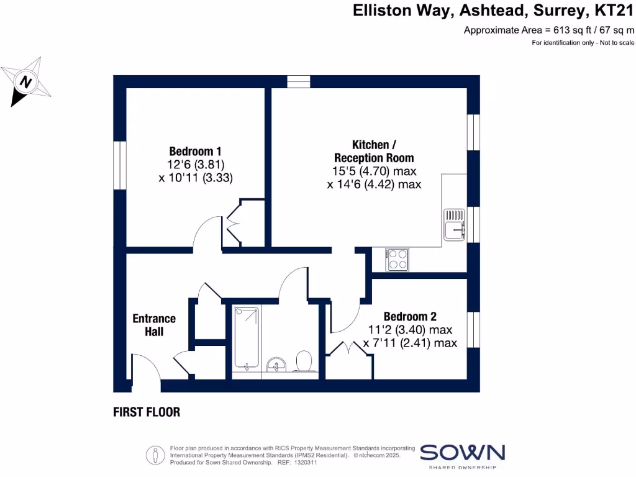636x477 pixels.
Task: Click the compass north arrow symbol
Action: [26, 81]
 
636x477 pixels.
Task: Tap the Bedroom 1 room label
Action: [196, 151]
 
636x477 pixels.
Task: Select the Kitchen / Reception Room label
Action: [374, 151]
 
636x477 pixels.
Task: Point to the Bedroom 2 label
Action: [410, 316]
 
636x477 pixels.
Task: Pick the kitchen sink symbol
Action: [453, 225]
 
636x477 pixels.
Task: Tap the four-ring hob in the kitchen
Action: [397, 259]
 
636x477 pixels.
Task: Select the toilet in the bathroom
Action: [304, 361]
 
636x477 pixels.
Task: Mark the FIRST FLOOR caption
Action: [147, 412]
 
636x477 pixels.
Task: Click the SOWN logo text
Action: [463, 452]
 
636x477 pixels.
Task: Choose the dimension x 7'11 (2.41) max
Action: [410, 343]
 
